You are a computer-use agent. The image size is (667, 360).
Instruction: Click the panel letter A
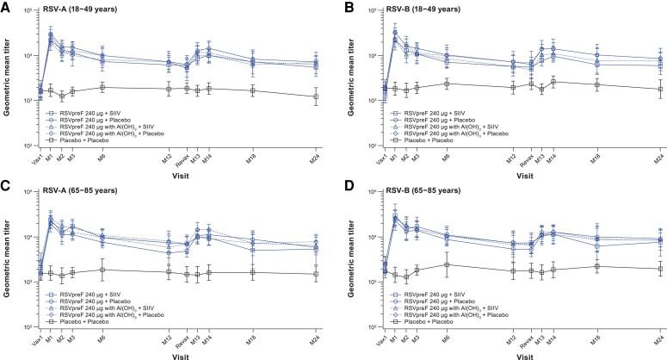pos(7,7)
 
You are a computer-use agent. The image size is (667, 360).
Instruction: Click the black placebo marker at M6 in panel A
pos(103,87)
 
